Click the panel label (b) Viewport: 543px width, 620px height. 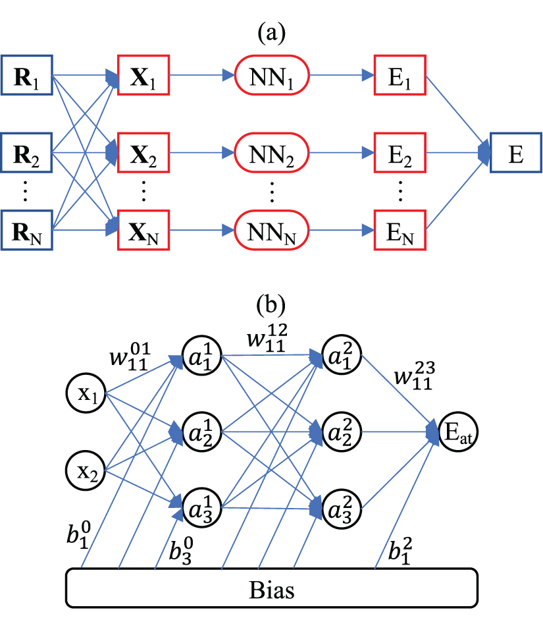[x=272, y=305]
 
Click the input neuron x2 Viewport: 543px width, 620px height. [x=86, y=470]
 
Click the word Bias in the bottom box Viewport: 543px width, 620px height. [x=272, y=588]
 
